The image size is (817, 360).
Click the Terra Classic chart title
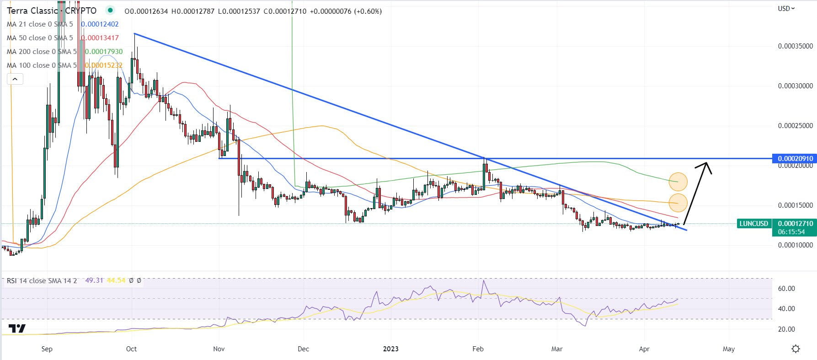coord(51,11)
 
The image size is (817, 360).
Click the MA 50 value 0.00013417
coord(101,38)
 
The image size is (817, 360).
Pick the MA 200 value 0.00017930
coord(104,52)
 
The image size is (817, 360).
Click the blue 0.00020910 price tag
coord(793,159)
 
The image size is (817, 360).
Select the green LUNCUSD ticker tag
coord(753,224)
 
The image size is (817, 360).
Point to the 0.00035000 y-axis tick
coord(796,46)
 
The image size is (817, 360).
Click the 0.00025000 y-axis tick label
coord(796,126)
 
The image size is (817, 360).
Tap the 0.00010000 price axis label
coord(796,245)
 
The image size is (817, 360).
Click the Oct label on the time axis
coord(131,349)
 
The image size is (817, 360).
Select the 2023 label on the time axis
coord(390,349)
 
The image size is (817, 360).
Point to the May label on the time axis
coord(729,349)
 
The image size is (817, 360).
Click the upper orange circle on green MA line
coord(678,182)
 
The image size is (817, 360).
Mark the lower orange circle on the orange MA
coord(678,203)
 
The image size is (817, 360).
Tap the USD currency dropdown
coord(786,8)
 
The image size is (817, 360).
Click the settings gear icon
coord(796,349)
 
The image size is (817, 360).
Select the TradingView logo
coord(17,328)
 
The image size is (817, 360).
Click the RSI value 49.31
coord(94,281)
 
